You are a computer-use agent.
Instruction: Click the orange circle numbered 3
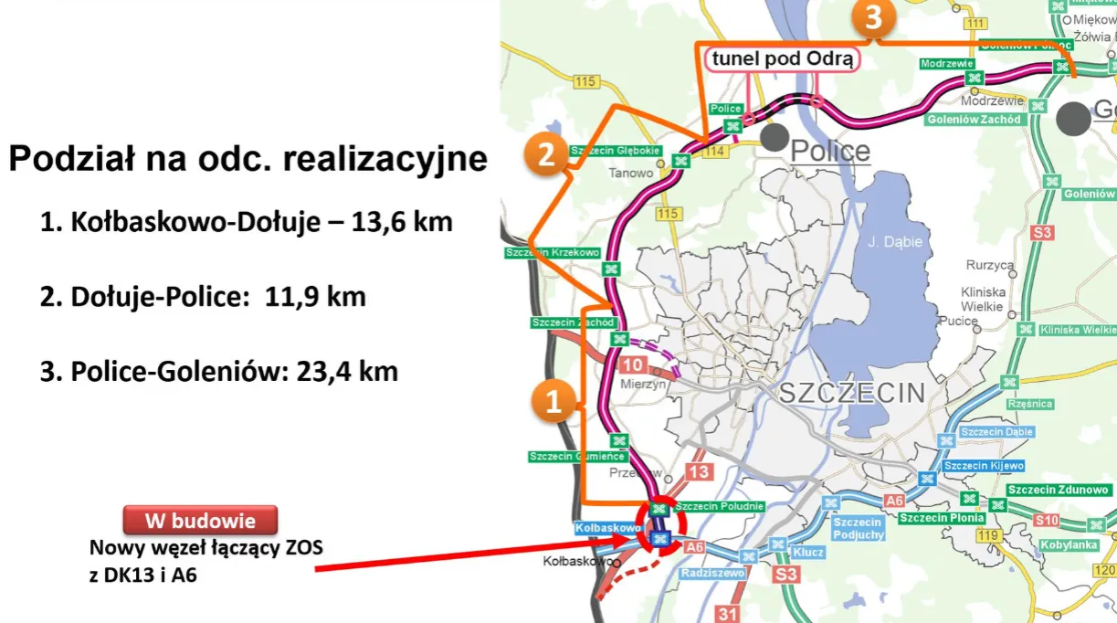coord(874,18)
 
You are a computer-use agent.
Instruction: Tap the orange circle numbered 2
coord(546,154)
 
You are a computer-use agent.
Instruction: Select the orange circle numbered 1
coord(553,402)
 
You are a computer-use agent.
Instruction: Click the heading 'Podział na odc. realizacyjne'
coord(248,158)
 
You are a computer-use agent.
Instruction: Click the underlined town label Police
coord(830,151)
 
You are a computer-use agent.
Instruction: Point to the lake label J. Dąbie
coord(895,242)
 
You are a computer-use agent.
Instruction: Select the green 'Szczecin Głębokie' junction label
coord(615,151)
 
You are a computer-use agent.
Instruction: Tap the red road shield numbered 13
coord(699,472)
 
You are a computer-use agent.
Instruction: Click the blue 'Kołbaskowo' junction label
coord(607,528)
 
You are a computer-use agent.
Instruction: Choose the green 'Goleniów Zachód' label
coord(970,119)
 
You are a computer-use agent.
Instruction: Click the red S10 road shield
coord(1047,521)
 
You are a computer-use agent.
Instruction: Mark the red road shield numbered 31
coord(728,613)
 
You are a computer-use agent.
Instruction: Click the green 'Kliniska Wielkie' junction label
coord(1077,329)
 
